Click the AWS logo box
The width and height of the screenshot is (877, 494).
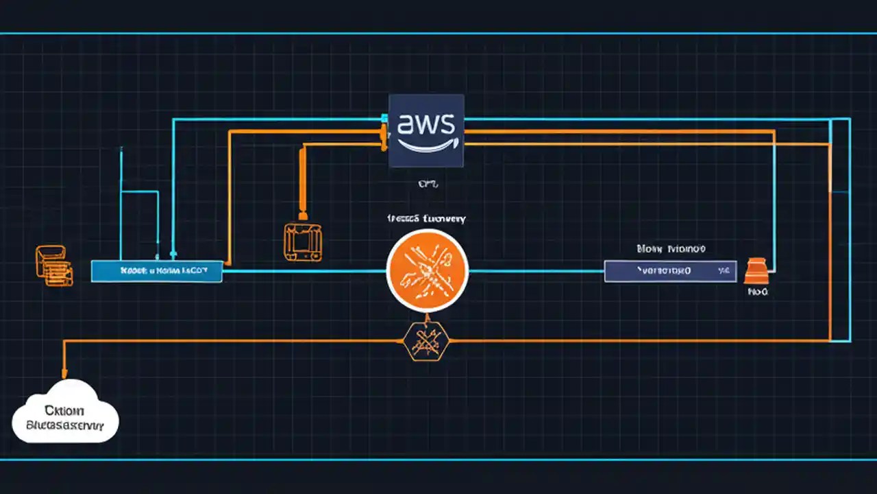tap(426, 131)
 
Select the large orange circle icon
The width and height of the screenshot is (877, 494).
tap(427, 270)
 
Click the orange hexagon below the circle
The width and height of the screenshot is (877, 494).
tap(426, 340)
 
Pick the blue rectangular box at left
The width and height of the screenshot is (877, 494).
tap(156, 271)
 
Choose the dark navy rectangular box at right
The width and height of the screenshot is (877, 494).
tap(670, 271)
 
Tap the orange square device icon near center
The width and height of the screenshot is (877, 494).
tap(302, 242)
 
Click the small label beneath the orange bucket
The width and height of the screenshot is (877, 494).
tap(758, 292)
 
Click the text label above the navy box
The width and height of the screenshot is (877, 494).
tap(671, 248)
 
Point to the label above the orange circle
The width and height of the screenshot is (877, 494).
tap(426, 219)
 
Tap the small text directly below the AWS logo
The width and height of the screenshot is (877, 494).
tap(427, 184)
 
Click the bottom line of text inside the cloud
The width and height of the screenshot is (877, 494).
tap(64, 425)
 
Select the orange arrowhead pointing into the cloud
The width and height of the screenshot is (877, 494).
tap(64, 375)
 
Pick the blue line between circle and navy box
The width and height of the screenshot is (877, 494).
tap(536, 271)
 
